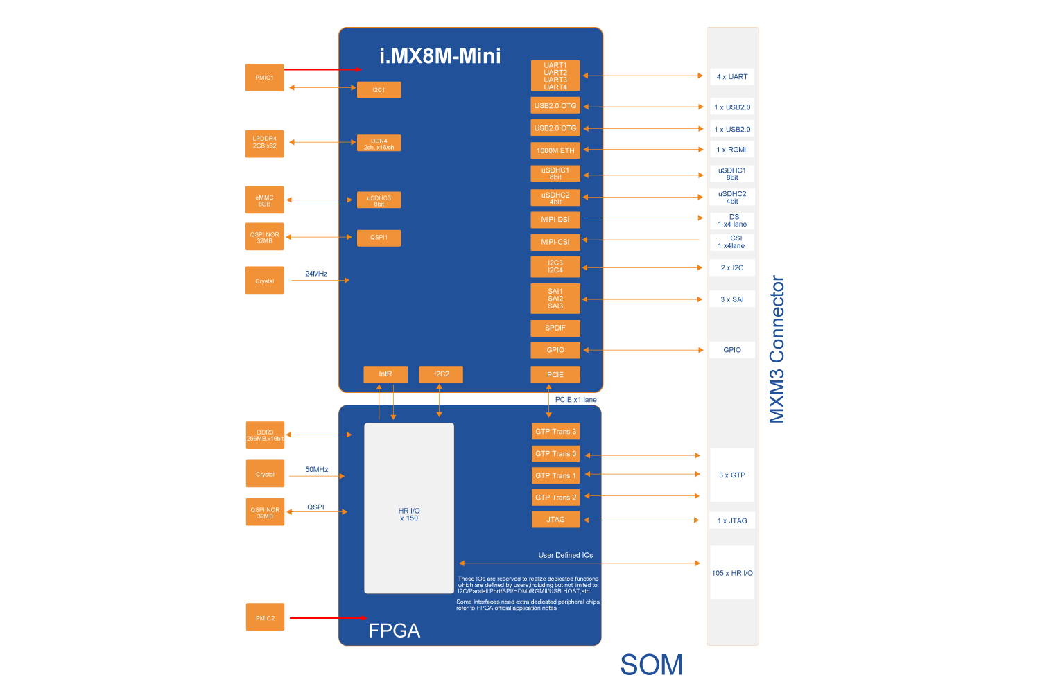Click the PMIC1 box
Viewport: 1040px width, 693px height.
[264, 78]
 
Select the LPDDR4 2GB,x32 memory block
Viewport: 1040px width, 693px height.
[264, 143]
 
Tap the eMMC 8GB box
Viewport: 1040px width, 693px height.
[264, 200]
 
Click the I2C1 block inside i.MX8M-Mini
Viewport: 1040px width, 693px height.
[379, 90]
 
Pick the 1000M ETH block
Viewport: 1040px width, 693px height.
[555, 150]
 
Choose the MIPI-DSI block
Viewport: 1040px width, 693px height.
[555, 220]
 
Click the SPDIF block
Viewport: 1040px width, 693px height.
[555, 328]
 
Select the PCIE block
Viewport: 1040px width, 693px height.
[555, 374]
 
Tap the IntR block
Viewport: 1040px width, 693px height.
[385, 374]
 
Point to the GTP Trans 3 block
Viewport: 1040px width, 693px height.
[555, 432]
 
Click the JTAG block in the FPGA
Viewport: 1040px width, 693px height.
[555, 520]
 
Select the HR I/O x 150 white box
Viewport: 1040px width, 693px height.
[409, 508]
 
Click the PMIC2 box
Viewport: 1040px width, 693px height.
[265, 617]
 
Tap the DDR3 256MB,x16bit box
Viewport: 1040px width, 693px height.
[265, 435]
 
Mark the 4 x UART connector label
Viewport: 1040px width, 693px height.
[732, 77]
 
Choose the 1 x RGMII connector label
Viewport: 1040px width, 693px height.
[732, 150]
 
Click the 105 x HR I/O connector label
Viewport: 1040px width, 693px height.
[732, 573]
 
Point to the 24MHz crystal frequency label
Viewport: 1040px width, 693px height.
[316, 274]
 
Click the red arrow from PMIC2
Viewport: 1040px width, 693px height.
[327, 617]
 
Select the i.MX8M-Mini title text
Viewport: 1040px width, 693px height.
[440, 56]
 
